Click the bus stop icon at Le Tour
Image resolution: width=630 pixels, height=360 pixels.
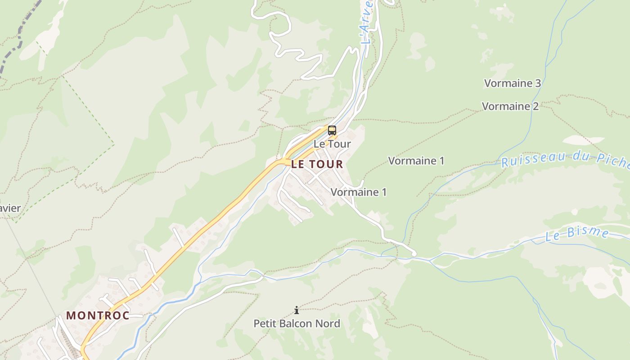click(x=332, y=130)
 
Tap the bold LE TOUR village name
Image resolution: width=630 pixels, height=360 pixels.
click(x=317, y=164)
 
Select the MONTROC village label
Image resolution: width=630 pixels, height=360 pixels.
click(x=98, y=315)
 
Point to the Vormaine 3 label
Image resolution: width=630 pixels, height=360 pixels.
click(x=512, y=83)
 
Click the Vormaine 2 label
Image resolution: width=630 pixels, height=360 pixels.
click(x=510, y=106)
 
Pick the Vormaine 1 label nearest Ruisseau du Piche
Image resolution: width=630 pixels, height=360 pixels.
click(x=416, y=161)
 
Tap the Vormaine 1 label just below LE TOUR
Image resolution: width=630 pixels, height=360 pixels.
click(x=359, y=192)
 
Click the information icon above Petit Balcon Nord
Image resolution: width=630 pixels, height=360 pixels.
click(x=297, y=310)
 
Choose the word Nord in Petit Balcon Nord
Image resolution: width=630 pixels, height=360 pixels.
click(x=329, y=324)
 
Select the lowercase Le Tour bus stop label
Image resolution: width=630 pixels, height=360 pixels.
click(x=332, y=144)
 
